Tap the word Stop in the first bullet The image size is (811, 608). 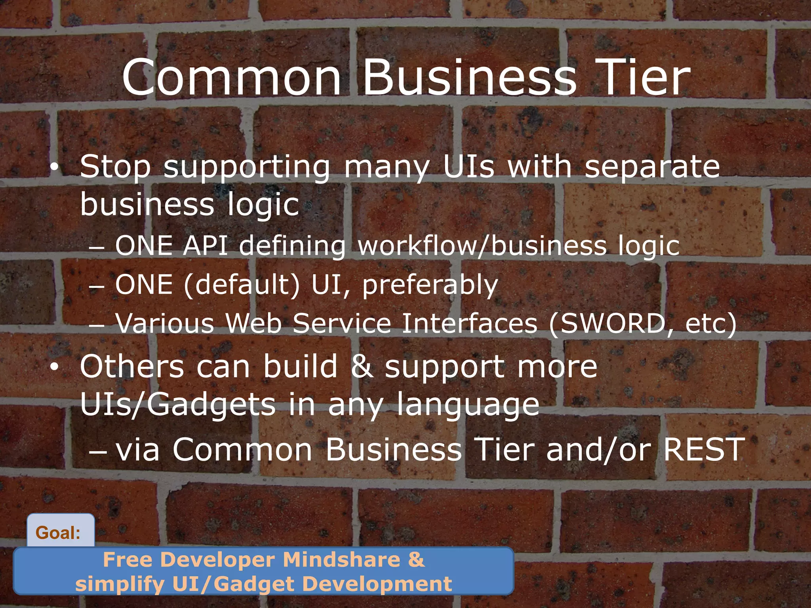tap(115, 167)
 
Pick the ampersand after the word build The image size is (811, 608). tap(361, 367)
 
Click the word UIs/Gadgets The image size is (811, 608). tap(178, 405)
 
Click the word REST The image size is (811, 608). tap(704, 449)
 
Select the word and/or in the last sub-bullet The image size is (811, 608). tap(598, 449)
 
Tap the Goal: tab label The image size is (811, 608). tap(58, 533)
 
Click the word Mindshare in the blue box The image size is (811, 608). tap(341, 560)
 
